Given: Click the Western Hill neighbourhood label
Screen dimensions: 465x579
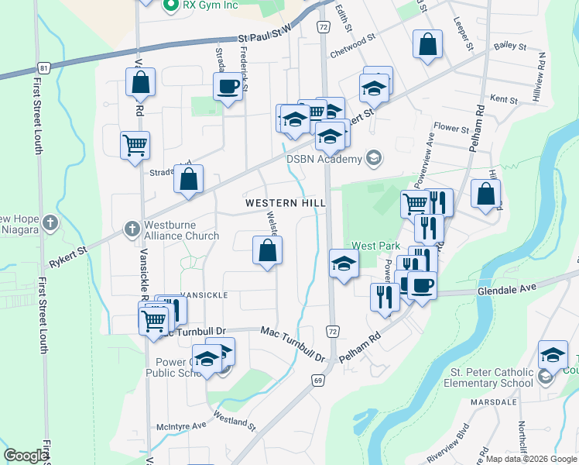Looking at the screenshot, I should click(x=284, y=202).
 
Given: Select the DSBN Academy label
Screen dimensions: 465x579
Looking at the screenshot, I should click(x=324, y=160).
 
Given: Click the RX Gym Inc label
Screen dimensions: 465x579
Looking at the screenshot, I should click(x=209, y=5).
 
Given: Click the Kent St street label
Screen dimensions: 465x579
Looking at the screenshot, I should click(x=503, y=100).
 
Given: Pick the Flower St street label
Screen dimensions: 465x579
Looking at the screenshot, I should click(x=451, y=126).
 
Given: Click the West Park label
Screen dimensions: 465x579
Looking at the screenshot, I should click(x=375, y=246).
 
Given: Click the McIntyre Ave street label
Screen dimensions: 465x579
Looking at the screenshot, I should click(x=181, y=425).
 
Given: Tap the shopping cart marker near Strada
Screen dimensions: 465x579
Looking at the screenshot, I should click(x=135, y=144).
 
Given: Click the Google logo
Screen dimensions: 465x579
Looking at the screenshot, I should click(x=26, y=456).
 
